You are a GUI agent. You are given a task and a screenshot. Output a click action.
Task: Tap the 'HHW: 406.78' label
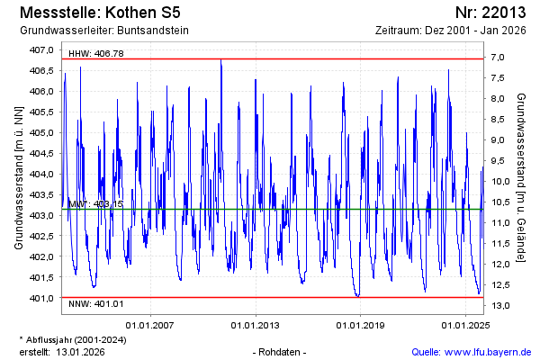click(x=95, y=54)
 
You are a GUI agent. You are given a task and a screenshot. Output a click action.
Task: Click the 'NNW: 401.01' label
click(x=95, y=305)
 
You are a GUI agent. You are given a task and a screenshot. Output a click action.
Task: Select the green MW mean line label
click(x=95, y=204)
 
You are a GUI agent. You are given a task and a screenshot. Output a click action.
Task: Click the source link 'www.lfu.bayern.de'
click(x=490, y=351)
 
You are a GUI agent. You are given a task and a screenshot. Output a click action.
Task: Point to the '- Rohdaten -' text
click(x=281, y=351)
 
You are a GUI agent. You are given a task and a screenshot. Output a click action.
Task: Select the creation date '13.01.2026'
click(x=80, y=351)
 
